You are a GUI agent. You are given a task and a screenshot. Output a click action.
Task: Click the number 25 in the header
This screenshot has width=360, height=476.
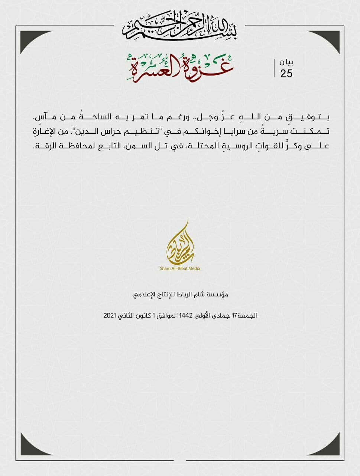286,73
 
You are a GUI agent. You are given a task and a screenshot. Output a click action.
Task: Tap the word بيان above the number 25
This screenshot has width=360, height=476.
286,62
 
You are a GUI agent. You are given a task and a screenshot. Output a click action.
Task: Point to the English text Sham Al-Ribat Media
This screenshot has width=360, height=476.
180,268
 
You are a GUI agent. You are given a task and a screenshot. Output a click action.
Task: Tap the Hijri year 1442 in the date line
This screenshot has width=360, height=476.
185,315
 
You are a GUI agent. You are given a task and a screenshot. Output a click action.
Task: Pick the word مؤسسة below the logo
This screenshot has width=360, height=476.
218,295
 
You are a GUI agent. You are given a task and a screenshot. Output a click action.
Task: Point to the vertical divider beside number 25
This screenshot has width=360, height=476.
275,68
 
